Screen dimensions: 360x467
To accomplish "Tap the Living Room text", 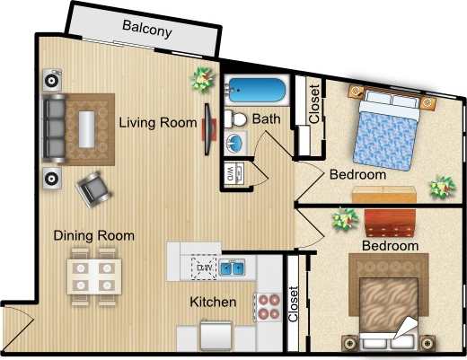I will click(158, 122).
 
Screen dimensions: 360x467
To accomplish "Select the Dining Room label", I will click(93, 235).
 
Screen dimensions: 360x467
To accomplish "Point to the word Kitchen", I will click(213, 303).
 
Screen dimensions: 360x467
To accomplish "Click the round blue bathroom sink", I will click(235, 144).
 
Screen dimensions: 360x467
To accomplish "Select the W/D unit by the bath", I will click(232, 171).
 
